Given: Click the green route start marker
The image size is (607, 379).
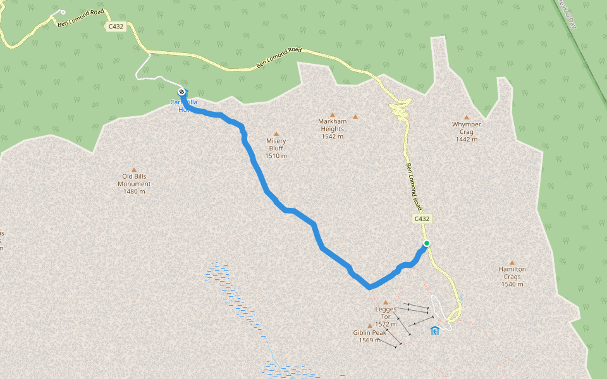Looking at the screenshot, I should (427, 243).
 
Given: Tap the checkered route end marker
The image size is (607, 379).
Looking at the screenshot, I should (182, 93).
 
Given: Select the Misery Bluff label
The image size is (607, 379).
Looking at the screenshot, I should (276, 145).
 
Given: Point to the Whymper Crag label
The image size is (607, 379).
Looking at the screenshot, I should (467, 128).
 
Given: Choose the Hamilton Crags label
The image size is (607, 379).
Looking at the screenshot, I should (512, 273).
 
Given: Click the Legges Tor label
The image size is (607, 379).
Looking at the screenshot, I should (386, 313).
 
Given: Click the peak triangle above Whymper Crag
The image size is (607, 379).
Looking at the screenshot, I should (467, 117).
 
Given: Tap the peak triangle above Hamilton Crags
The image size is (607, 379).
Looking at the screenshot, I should (512, 263).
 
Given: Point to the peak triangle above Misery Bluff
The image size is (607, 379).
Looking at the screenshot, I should (276, 133).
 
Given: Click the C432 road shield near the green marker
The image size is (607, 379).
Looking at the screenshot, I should (422, 219).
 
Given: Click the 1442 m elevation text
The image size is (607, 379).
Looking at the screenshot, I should (467, 139).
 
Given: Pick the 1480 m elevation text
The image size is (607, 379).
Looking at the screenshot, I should (134, 191).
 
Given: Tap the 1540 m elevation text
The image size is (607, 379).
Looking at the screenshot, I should (512, 284).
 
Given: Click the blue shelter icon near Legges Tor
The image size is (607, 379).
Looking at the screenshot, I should (434, 330).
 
